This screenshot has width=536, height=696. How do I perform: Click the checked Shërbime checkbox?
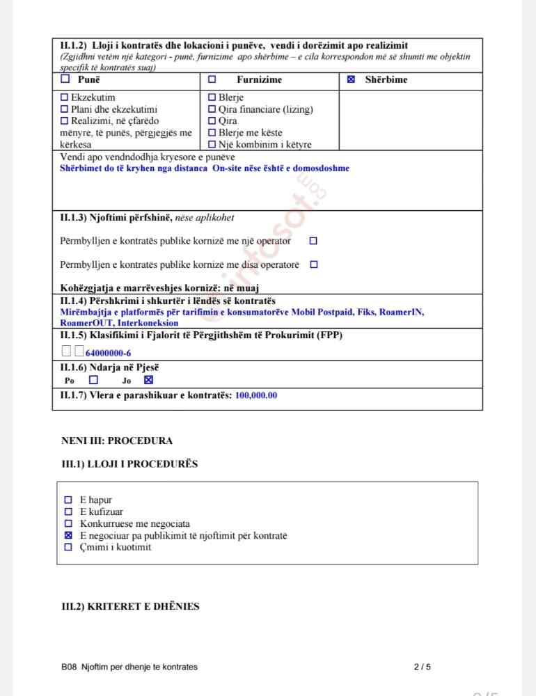click(351, 79)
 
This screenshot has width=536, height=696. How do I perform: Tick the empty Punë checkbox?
click(65, 79)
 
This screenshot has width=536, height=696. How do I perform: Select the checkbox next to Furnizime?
click(212, 79)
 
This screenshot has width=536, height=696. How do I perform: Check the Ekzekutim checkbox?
click(65, 98)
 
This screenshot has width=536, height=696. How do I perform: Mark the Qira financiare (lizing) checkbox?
click(212, 109)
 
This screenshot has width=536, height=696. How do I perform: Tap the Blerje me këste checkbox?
click(212, 133)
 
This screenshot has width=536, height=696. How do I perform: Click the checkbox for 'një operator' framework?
click(313, 241)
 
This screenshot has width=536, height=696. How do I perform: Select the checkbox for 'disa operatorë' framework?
click(313, 264)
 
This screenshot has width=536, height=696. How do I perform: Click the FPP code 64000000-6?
click(108, 353)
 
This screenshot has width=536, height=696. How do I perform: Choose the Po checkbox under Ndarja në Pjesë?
click(93, 380)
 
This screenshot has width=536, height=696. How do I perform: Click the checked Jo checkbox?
click(148, 380)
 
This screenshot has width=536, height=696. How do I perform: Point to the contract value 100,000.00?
click(256, 395)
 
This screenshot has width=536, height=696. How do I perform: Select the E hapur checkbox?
click(68, 500)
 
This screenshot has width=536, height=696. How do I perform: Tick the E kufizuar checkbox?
click(68, 512)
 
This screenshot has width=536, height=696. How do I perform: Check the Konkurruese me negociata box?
click(68, 523)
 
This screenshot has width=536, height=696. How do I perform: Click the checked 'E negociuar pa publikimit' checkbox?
click(68, 535)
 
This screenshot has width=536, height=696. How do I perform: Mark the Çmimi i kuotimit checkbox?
click(68, 547)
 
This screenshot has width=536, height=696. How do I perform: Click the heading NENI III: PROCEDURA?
click(117, 441)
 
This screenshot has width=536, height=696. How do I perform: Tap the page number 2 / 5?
click(422, 667)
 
